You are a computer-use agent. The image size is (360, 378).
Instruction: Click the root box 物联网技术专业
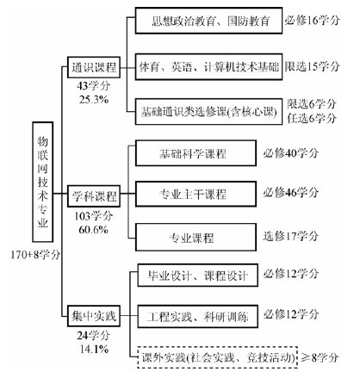click(x=42, y=182)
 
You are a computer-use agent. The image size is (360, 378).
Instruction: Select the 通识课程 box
click(x=94, y=67)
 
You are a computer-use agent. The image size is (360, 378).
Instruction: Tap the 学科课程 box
click(x=94, y=196)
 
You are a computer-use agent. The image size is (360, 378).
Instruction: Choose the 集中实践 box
click(x=94, y=316)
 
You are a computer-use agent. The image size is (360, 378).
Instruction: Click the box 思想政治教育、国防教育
click(x=208, y=21)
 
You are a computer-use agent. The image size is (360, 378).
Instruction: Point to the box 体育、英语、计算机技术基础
click(x=208, y=67)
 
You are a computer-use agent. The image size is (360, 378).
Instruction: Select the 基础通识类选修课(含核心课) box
click(x=208, y=112)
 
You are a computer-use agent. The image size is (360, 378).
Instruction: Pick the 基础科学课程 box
click(x=196, y=153)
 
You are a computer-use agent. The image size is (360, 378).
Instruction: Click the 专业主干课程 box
click(x=196, y=194)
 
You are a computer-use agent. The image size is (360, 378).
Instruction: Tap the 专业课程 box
click(x=196, y=238)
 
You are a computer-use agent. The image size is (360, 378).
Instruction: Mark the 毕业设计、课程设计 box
click(x=197, y=276)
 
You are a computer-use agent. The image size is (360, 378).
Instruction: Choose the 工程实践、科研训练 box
click(x=197, y=317)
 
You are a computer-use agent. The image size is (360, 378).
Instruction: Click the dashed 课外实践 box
click(x=217, y=357)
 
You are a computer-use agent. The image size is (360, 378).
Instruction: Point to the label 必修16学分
click(x=313, y=21)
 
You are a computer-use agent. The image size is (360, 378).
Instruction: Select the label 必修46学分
click(x=291, y=192)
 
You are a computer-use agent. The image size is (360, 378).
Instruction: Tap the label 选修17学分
click(x=291, y=236)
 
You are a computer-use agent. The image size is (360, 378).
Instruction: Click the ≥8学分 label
click(x=320, y=357)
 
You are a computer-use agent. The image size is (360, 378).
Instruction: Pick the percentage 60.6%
click(x=94, y=230)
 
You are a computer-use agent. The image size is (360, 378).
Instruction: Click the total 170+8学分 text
click(x=35, y=254)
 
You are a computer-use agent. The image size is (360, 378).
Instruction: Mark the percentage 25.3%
click(x=94, y=100)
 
